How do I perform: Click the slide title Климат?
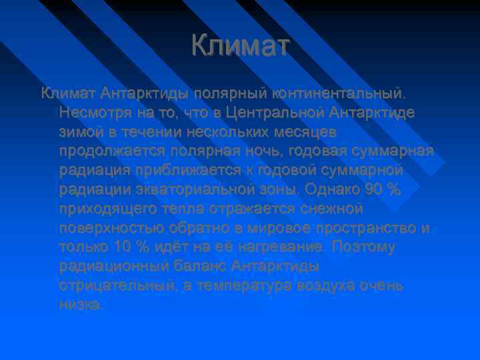pyautogui.click(x=240, y=46)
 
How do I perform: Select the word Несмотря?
pyautogui.click(x=93, y=109)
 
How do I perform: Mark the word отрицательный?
pyautogui.click(x=117, y=286)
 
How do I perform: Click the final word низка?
pyautogui.click(x=81, y=305)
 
